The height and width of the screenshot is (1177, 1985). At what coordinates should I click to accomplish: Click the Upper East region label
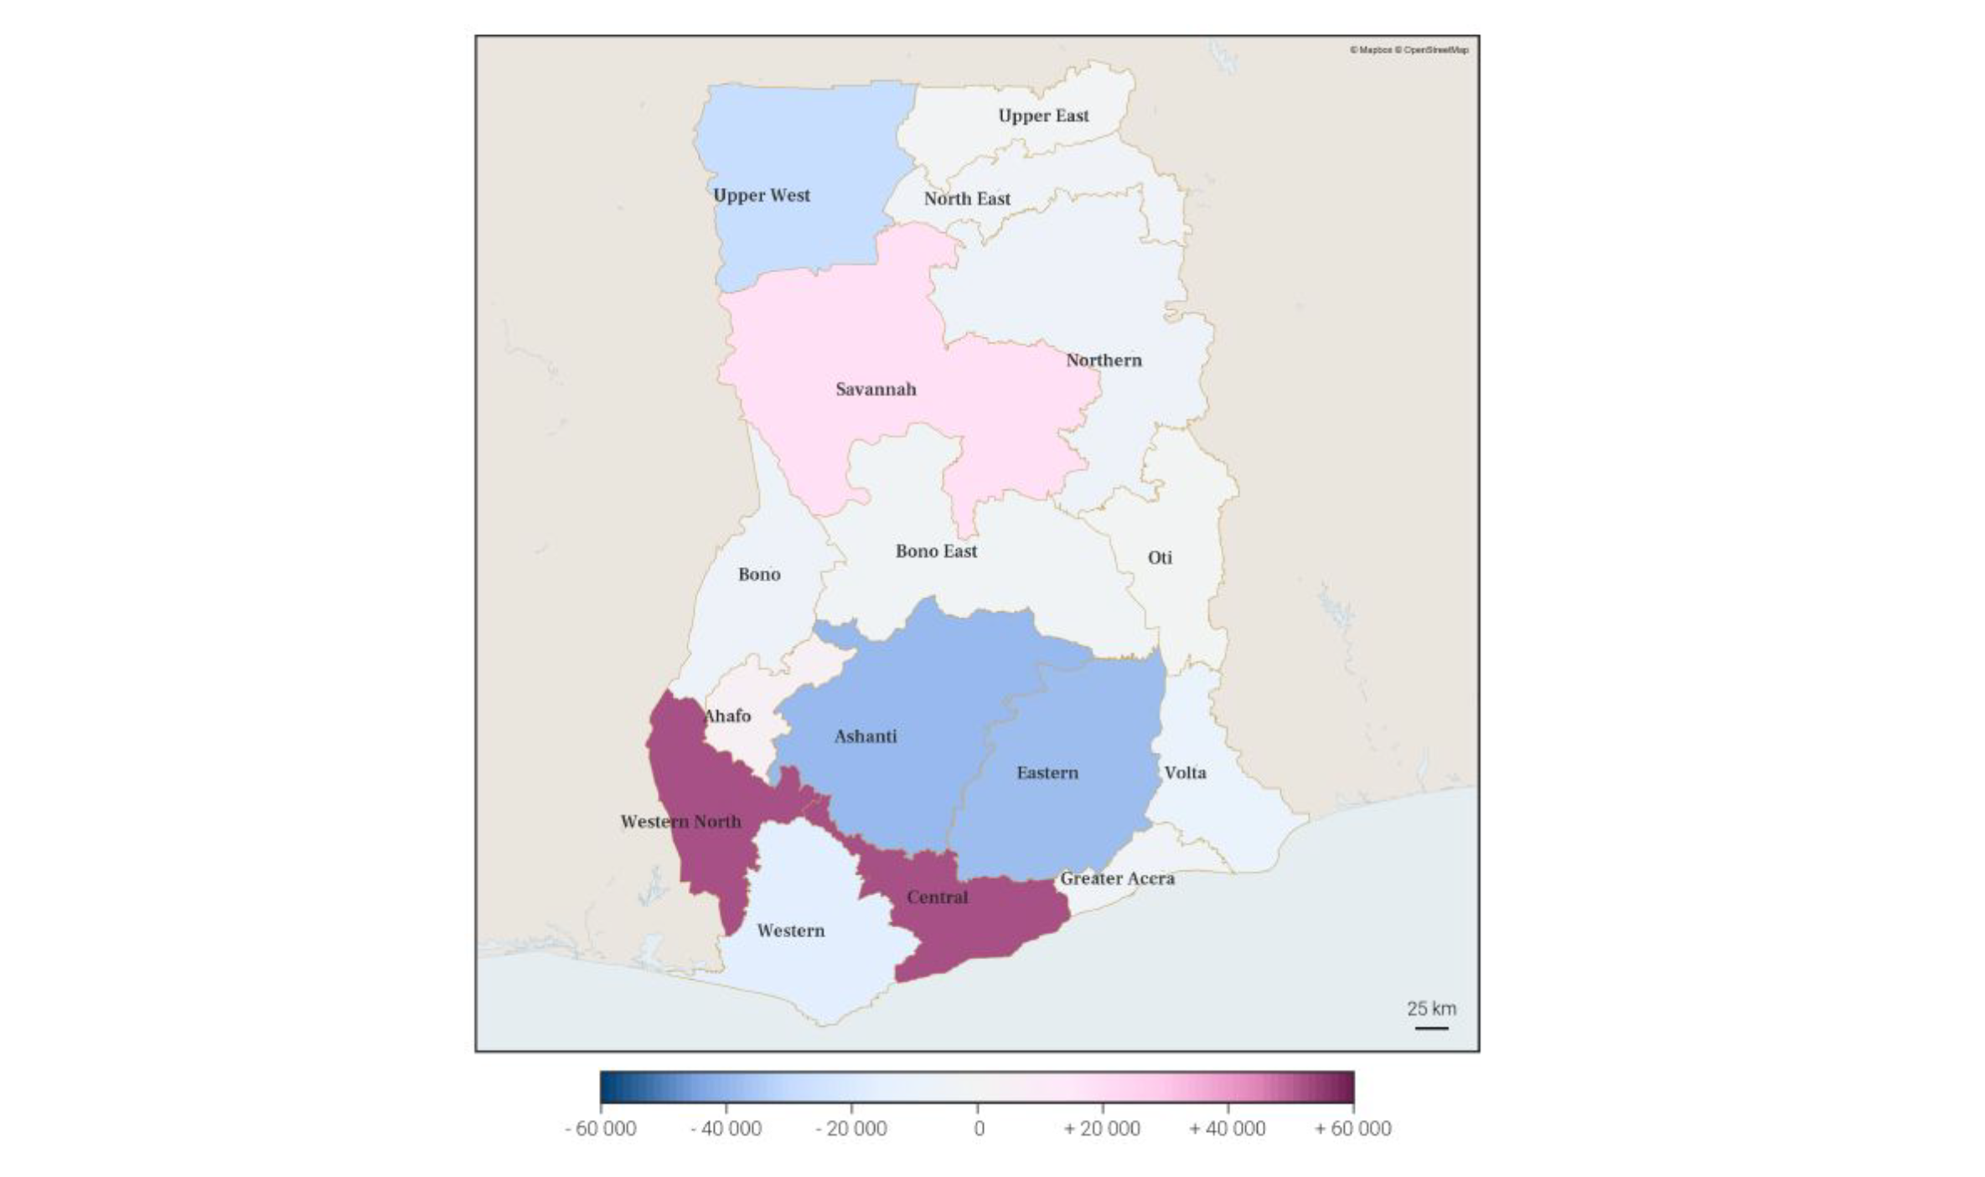[x=1043, y=116]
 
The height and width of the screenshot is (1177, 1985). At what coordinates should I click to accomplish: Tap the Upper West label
[x=762, y=195]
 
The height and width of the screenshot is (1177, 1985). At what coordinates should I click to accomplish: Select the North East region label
[x=967, y=199]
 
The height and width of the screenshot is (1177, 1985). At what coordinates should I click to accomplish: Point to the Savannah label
[x=876, y=389]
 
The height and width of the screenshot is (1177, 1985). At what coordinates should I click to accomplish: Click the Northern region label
[x=1104, y=360]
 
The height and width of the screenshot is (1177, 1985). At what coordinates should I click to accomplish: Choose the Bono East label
[x=936, y=551]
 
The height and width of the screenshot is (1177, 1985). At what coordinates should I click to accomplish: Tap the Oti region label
[x=1160, y=557]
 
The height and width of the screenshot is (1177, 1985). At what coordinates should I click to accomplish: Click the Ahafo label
[x=727, y=715]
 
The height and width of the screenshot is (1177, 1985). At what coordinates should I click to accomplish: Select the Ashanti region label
[x=865, y=736]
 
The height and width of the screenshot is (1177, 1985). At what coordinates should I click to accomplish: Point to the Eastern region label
[x=1047, y=772]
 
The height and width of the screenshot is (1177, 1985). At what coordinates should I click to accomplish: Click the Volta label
[x=1185, y=772]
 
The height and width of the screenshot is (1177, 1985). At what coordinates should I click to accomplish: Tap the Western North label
[x=680, y=822]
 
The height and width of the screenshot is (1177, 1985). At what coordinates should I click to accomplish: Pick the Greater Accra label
[x=1117, y=878]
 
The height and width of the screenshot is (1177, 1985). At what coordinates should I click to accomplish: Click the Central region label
[x=937, y=897]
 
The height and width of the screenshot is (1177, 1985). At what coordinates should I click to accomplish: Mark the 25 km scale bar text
[x=1431, y=1009]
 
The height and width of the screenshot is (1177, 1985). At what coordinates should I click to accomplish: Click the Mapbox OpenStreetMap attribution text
[x=1409, y=50]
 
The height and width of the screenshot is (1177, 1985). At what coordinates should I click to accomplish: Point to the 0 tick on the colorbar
[x=978, y=1128]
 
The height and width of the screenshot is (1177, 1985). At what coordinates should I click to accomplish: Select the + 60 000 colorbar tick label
[x=1352, y=1128]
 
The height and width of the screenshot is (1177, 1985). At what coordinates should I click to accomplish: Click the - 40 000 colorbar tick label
[x=726, y=1128]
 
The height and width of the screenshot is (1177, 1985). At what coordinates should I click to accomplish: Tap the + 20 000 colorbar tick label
[x=1102, y=1128]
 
